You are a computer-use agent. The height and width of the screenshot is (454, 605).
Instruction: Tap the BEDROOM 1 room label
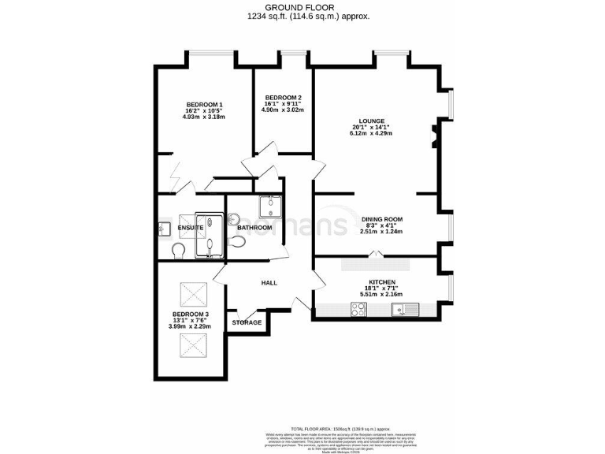tap(204, 105)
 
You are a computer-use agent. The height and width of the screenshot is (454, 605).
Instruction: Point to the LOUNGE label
tap(371, 121)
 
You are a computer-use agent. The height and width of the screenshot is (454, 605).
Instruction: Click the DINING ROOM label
tap(382, 219)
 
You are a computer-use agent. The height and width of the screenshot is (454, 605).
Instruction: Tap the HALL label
tap(270, 283)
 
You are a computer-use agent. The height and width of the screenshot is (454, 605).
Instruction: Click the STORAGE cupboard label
tap(247, 322)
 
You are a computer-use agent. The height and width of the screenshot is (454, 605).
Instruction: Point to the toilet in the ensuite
tap(179, 250)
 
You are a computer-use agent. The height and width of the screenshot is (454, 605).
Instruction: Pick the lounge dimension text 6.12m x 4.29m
tap(371, 133)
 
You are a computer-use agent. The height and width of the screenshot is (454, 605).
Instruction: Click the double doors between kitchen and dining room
tap(377, 255)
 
